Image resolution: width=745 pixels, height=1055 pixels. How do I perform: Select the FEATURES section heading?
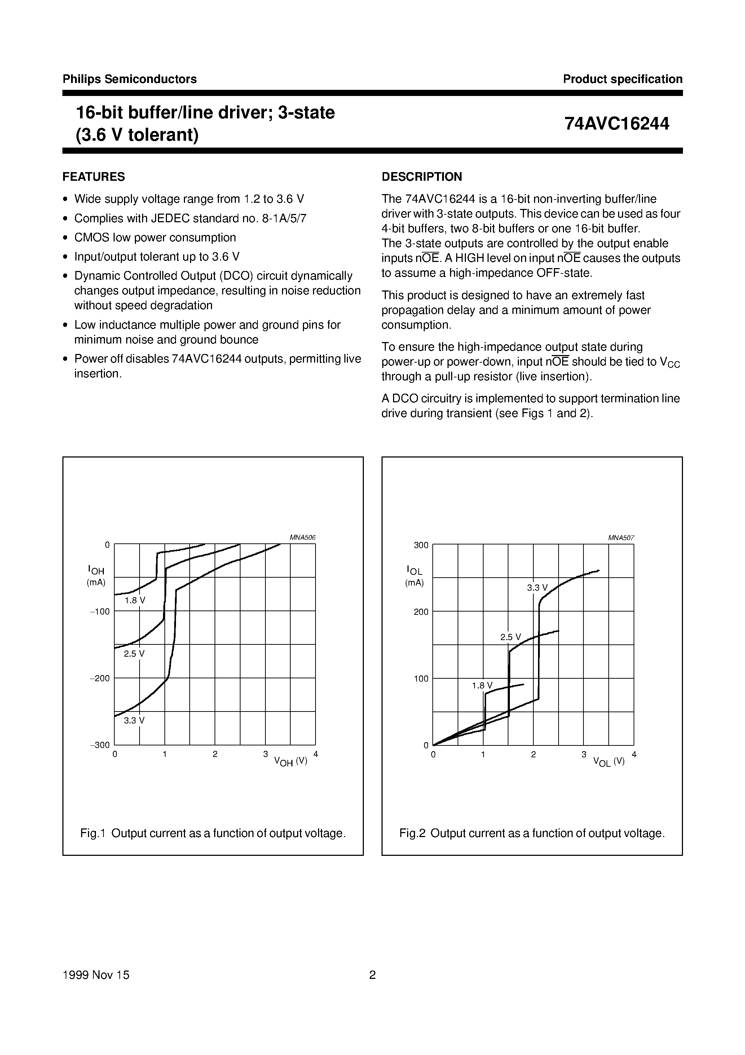(x=94, y=177)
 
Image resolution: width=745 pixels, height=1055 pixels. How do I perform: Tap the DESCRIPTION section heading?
(x=421, y=177)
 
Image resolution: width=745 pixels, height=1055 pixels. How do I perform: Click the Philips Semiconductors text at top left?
(x=129, y=79)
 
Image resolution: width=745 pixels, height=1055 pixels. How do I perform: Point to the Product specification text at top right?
(x=622, y=79)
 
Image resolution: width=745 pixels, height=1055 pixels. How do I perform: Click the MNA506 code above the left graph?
(x=302, y=538)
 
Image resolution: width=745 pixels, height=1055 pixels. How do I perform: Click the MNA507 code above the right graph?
(x=621, y=538)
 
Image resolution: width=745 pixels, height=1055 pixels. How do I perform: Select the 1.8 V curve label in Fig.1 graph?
(x=135, y=600)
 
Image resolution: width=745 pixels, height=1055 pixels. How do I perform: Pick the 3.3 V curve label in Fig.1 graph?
(x=134, y=721)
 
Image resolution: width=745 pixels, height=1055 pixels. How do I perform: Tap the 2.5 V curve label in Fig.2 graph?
(x=510, y=637)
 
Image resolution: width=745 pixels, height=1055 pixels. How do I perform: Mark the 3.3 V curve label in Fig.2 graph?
(x=537, y=588)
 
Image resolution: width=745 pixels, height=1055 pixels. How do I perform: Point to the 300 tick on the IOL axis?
(x=421, y=546)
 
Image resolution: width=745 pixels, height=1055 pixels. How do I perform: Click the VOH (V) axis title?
(x=290, y=761)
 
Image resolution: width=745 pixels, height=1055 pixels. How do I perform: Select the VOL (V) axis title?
(x=609, y=761)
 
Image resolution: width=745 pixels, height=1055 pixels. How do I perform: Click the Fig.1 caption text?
(x=213, y=833)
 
